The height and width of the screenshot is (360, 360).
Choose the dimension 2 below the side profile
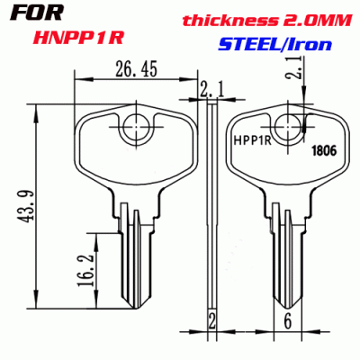(x=211, y=320)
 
